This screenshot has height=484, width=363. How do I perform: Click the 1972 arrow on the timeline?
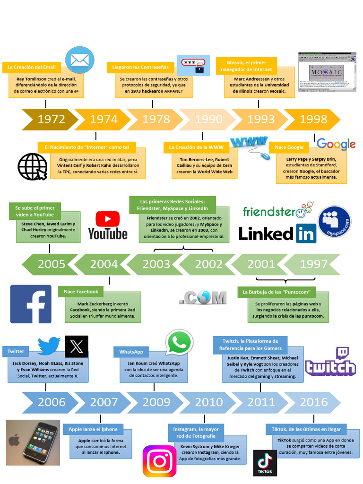coord(50,120)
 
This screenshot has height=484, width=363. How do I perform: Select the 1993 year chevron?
coord(260,120)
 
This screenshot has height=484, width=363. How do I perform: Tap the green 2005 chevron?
coord(51,264)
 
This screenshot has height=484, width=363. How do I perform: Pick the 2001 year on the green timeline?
coord(260,264)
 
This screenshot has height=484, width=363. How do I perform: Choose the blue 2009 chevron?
coord(156,402)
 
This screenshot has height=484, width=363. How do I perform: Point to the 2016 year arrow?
coord(313,402)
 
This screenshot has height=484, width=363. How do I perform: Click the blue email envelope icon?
coord(79,60)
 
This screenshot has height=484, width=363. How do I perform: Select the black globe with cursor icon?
coord(32,166)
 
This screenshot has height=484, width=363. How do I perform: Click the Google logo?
coord(336,144)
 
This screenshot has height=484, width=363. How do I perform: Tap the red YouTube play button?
coord(108,219)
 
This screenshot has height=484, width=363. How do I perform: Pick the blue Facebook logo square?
coord(31,304)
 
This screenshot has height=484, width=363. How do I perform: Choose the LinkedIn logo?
coord(277,233)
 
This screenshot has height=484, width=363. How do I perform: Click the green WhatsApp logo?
coord(179,342)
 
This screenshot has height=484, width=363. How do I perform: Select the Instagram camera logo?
coord(159,461)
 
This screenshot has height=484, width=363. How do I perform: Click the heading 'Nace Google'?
coord(289,147)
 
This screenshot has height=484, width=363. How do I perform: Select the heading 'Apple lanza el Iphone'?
coord(93,429)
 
